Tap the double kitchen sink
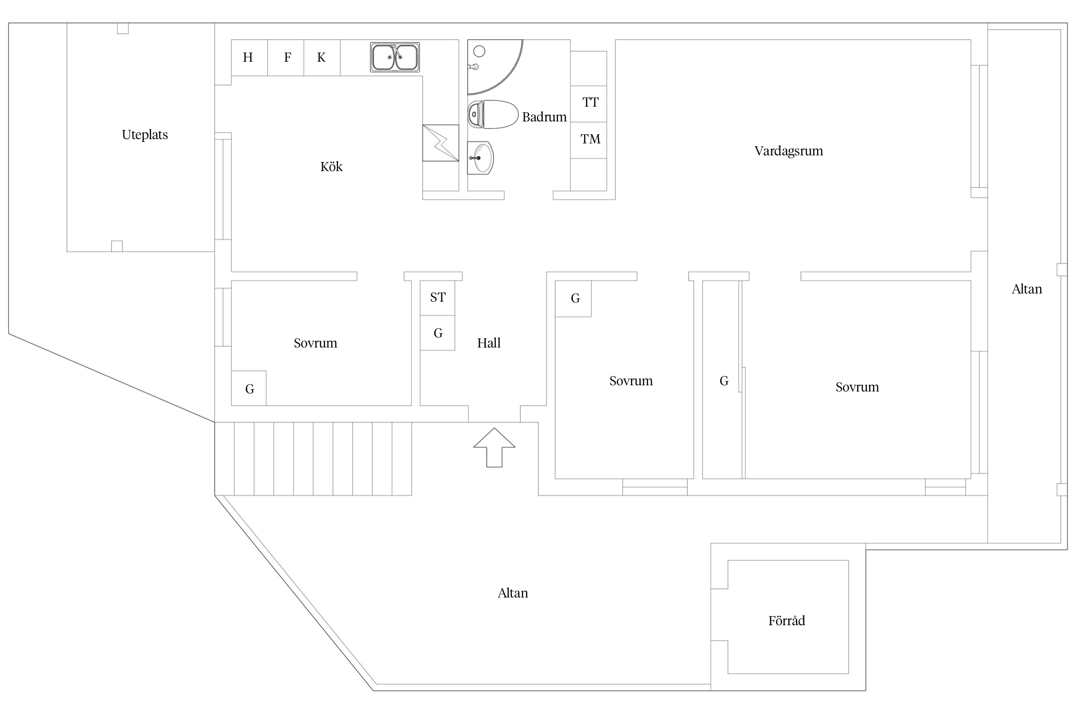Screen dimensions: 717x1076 tap(395, 57)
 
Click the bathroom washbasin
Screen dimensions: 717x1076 tap(480, 158)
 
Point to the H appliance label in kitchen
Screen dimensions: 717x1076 tap(248, 58)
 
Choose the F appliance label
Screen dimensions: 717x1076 tap(287, 58)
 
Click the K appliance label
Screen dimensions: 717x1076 tap(321, 58)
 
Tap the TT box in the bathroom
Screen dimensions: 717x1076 tap(590, 103)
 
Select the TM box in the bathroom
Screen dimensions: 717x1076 tap(590, 140)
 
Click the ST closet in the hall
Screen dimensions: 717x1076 tap(438, 298)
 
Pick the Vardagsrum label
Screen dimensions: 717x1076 tap(789, 151)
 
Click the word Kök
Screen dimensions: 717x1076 tap(331, 167)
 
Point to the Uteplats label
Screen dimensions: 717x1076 tap(145, 135)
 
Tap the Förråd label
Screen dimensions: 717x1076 tap(787, 621)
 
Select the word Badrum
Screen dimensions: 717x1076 tap(544, 117)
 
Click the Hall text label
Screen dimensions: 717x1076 tap(489, 343)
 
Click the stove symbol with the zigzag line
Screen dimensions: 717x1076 tap(440, 143)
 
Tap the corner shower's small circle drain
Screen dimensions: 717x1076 tap(479, 51)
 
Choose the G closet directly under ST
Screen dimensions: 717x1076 tap(438, 333)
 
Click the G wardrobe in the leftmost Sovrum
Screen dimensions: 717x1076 tap(249, 389)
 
